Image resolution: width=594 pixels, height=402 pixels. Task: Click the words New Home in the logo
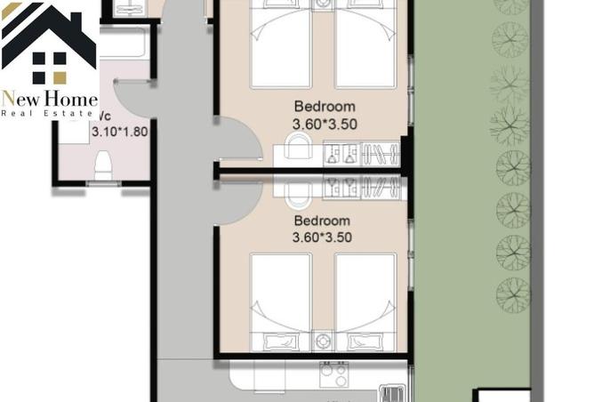pyautogui.click(x=49, y=99)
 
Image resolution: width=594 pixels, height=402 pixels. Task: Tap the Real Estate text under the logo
pyautogui.click(x=49, y=114)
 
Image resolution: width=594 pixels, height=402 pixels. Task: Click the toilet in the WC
pyautogui.click(x=103, y=165)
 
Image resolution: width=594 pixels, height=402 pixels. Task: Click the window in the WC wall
pyautogui.click(x=103, y=183)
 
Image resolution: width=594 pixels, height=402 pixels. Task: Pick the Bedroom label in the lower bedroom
pyautogui.click(x=321, y=221)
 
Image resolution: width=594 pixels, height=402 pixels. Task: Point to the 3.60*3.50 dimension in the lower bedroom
pyautogui.click(x=321, y=237)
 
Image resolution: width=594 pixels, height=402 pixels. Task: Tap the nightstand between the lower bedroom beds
pyautogui.click(x=323, y=341)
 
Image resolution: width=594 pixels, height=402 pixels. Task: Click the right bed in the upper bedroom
pyautogui.click(x=365, y=44)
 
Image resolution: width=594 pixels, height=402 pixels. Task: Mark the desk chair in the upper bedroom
pyautogui.click(x=299, y=147)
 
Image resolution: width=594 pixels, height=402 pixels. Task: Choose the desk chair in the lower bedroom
pyautogui.click(x=299, y=189)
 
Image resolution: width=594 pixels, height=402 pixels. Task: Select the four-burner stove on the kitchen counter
pyautogui.click(x=333, y=376)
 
